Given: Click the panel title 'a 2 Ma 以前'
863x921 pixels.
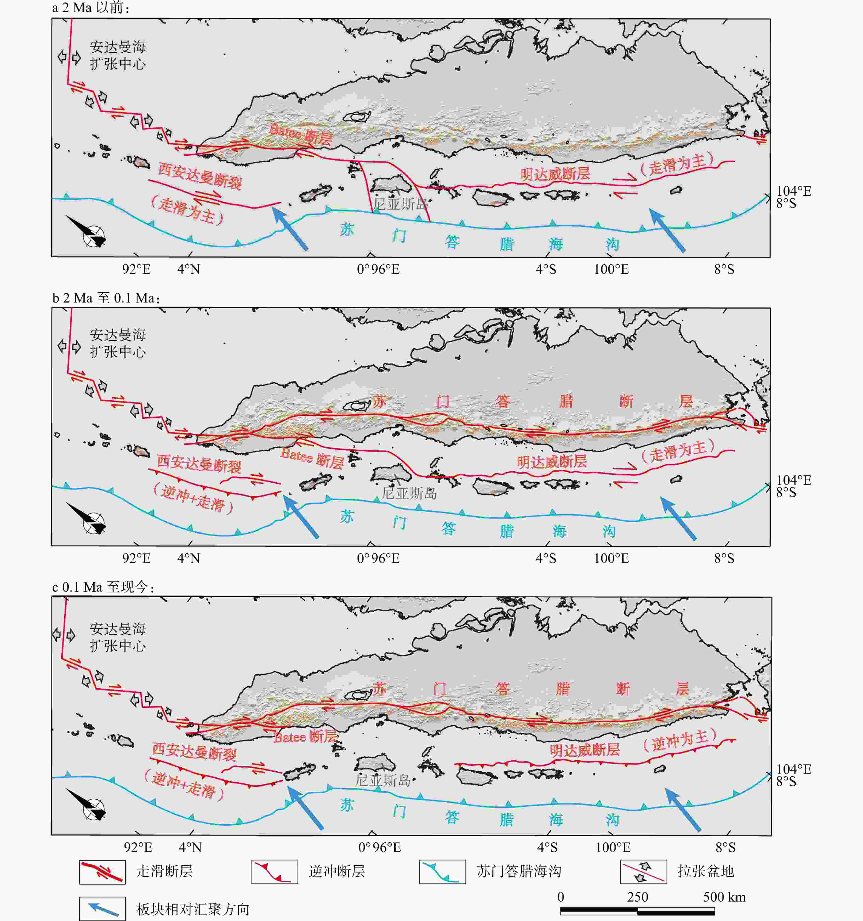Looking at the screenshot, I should [91, 8].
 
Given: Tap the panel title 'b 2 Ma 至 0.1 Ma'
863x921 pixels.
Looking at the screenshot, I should [106, 298].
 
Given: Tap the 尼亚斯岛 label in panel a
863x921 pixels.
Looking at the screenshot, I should [401, 204].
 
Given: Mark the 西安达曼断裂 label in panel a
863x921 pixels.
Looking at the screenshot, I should [200, 176].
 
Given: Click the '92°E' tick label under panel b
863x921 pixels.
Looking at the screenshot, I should [136, 558].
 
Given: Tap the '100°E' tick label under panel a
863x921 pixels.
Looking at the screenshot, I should [611, 269].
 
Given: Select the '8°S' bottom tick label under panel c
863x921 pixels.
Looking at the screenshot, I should [725, 847].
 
